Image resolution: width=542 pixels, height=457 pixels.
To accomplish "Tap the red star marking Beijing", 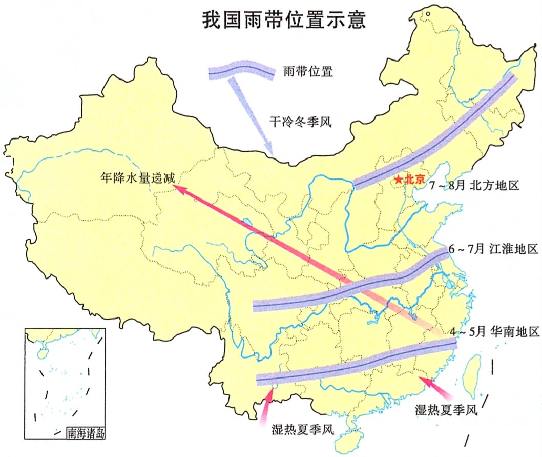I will tap(398, 180).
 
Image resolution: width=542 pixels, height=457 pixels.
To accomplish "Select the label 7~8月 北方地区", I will tap(474, 185).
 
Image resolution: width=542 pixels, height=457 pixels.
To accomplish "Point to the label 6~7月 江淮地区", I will tap(492, 250).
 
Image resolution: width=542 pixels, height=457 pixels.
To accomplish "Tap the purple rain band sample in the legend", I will tap(241, 71).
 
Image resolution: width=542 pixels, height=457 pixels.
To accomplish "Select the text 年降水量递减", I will tap(138, 179).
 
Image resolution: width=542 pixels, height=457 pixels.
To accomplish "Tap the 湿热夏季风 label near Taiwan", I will tap(446, 409).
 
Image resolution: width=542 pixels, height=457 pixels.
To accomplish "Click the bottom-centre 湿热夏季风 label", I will tap(302, 429).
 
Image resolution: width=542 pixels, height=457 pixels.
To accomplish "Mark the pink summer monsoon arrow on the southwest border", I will tap(266, 405).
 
